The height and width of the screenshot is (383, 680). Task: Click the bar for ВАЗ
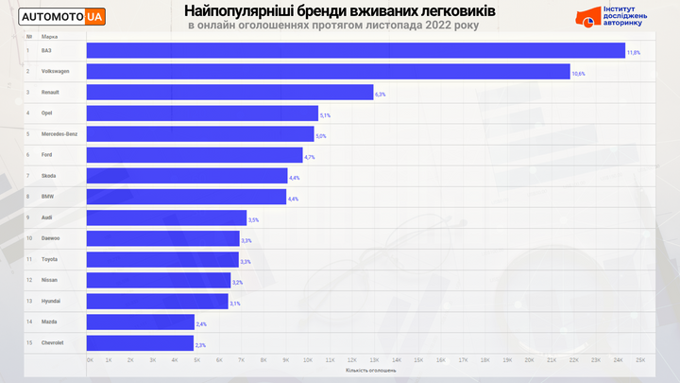[x=355, y=50]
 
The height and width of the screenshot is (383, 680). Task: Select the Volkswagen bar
[x=328, y=71]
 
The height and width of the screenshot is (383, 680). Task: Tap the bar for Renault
[x=229, y=92]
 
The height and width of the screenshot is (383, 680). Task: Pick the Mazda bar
[x=140, y=322]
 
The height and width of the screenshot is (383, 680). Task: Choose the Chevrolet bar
[x=140, y=343]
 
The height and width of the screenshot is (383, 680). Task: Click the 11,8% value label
[x=634, y=53]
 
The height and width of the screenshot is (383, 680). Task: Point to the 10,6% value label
[x=578, y=74]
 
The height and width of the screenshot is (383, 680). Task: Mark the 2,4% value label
[x=201, y=324]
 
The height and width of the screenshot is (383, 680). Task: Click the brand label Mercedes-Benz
[x=58, y=133]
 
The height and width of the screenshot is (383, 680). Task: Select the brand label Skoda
[x=49, y=176]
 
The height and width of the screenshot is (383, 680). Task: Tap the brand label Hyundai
[x=51, y=302]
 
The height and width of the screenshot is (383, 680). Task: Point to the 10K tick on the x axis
[x=309, y=360]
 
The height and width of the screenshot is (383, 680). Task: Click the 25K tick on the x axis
[x=640, y=360]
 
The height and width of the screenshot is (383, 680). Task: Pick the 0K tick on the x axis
[x=90, y=360]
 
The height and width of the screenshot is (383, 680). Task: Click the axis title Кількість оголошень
[x=370, y=370]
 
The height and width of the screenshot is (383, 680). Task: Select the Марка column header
[x=49, y=36]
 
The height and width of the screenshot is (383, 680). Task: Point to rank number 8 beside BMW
[x=28, y=197]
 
